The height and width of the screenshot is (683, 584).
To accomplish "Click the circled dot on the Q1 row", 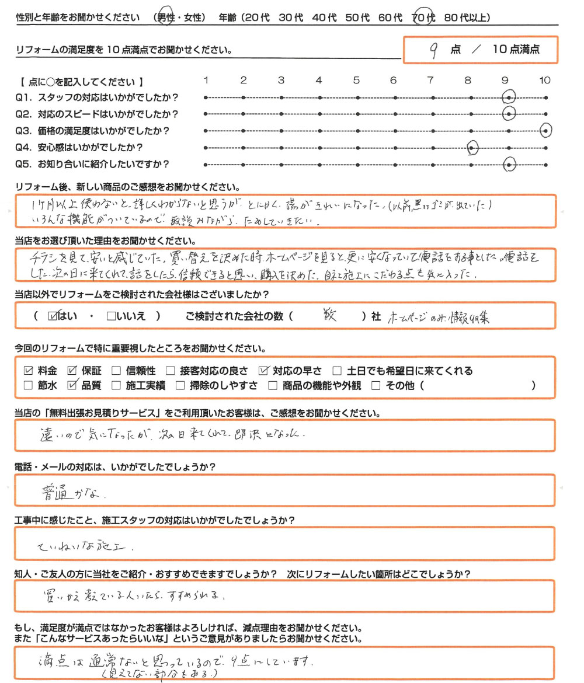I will click(510, 97).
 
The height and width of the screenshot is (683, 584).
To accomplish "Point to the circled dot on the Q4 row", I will click(472, 149).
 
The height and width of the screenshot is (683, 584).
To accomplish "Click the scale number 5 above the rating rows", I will click(356, 81).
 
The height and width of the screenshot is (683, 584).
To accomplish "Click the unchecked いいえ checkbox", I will click(111, 316).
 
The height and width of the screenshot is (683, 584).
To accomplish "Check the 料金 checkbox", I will click(28, 370).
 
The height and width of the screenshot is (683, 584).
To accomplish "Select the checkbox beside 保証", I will click(73, 370).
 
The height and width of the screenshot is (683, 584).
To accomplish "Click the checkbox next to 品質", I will click(73, 385).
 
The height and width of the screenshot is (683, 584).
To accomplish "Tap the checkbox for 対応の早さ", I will click(263, 370).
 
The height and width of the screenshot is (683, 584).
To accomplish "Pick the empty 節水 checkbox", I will click(28, 385).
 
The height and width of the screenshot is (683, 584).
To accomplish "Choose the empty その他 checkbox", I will click(376, 385).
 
